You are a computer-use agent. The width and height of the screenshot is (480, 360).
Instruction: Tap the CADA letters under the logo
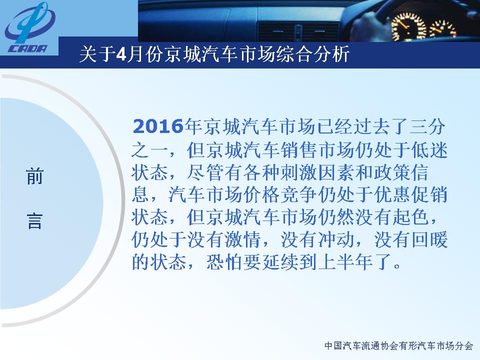pyautogui.click(x=28, y=48)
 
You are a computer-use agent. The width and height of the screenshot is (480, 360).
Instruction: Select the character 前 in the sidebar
pyautogui.click(x=34, y=176)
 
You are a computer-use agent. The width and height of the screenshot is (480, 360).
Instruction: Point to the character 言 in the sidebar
pyautogui.click(x=34, y=221)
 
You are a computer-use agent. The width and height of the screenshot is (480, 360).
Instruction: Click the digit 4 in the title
pyautogui.click(x=121, y=54)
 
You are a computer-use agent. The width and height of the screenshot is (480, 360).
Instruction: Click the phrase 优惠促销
pyautogui.click(x=411, y=194)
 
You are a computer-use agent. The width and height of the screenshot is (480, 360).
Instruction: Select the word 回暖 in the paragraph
pyautogui.click(x=429, y=239)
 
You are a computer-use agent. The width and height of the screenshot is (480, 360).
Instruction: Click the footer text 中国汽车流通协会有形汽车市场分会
pyautogui.click(x=398, y=346)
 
